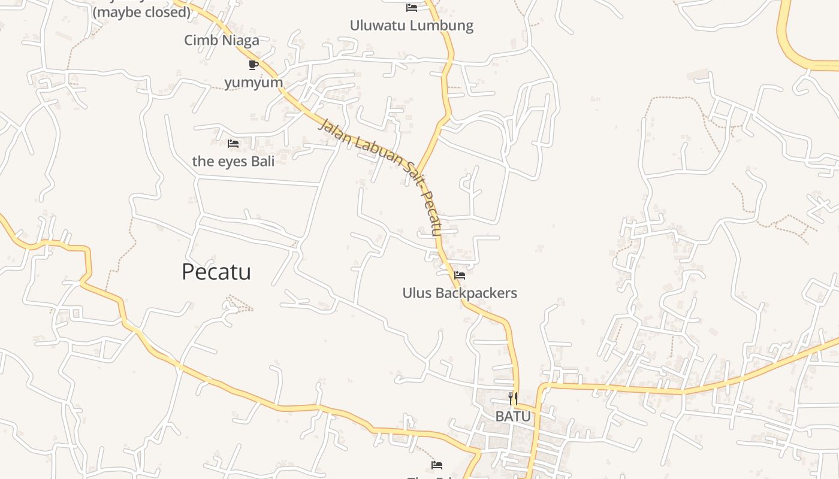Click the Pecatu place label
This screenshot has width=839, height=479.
pos(216,272)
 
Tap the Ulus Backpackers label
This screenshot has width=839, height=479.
pos(460,293)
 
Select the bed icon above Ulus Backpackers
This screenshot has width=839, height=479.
pos(460,275)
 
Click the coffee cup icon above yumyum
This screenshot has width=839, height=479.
pos(253,65)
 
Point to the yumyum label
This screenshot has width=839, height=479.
pos(253,81)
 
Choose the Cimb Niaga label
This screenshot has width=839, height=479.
pos(222,40)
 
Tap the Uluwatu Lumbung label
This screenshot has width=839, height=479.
pos(412,26)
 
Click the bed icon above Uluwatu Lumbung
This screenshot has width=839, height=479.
pos(412,8)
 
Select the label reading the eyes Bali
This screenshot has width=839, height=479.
pos(233,161)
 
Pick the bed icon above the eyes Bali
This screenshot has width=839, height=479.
pos(233,144)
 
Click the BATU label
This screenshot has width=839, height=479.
pos(513,416)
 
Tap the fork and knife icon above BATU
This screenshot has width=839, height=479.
pos(513,398)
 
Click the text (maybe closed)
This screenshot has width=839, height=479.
pos(142,11)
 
